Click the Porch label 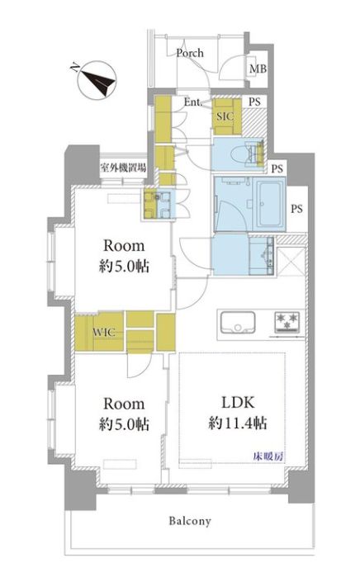[x=190, y=53]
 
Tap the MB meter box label [x=258, y=69]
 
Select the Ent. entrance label [x=193, y=102]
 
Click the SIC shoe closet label [x=225, y=116]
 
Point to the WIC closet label [x=104, y=333]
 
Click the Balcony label [x=190, y=521]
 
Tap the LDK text [x=238, y=403]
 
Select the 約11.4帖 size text [x=238, y=423]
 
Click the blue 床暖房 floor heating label [x=269, y=456]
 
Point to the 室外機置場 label [x=123, y=168]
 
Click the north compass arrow [x=97, y=82]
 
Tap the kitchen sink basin [x=238, y=323]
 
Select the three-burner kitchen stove [x=287, y=323]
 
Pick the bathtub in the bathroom [x=271, y=204]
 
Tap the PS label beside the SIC [x=254, y=102]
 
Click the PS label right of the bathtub [x=296, y=209]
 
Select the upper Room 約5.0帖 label [x=124, y=256]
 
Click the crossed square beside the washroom [x=291, y=261]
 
